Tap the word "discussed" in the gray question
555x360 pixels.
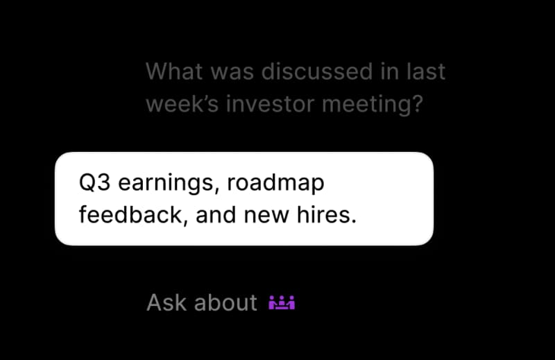(317, 71)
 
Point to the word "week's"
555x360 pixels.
(182, 104)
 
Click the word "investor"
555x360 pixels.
(270, 104)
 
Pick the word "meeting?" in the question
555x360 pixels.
(373, 105)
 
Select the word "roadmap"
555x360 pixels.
(275, 183)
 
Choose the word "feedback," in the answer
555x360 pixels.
(133, 215)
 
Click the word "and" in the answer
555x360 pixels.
(216, 215)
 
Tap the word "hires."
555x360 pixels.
(327, 215)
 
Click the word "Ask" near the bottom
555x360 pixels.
(166, 302)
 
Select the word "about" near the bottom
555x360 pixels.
(225, 302)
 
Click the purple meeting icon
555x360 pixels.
(282, 302)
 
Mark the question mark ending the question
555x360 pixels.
(418, 104)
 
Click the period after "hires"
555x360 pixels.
(354, 222)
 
